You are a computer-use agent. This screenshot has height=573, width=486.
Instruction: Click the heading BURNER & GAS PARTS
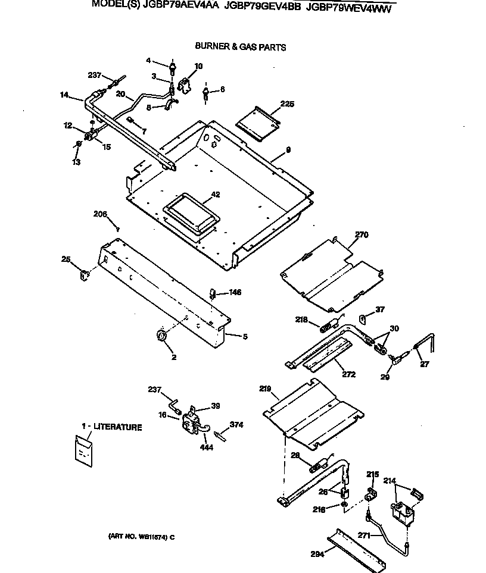240,47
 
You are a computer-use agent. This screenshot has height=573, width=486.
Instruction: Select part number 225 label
287,105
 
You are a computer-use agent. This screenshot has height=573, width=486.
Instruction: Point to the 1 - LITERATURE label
112,427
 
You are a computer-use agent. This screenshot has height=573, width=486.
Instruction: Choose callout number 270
361,235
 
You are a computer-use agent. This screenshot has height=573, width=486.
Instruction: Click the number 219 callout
265,390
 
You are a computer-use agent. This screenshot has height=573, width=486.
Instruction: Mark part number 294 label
317,554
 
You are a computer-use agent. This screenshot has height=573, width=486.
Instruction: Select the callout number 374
236,424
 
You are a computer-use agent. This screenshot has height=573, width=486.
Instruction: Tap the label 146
235,292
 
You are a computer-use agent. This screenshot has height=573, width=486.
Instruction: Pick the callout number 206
101,214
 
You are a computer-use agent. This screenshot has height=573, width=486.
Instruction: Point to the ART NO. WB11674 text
141,537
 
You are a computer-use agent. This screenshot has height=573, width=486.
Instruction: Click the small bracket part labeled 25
84,274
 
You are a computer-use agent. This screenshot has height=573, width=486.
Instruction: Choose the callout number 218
301,320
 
